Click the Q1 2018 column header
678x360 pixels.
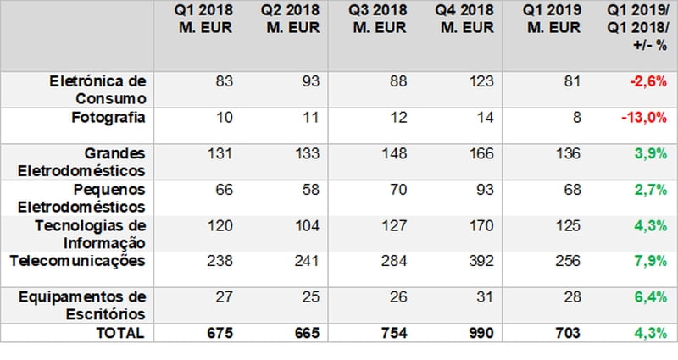pos(203,19)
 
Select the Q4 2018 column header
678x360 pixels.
pos(464,19)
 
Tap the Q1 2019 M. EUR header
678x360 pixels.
pos(553,19)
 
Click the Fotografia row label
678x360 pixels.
pos(108,118)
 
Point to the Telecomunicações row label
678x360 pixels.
pos(77,261)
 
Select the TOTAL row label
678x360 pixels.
pos(119,333)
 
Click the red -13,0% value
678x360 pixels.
pos(644,118)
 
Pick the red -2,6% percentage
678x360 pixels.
pos(648,81)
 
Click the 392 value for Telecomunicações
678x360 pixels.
pos(481,261)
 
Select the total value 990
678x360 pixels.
pos(481,333)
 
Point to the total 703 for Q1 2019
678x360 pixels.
pos(568,333)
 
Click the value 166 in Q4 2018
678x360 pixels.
pos(481,153)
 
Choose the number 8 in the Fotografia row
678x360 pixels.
pos(577,118)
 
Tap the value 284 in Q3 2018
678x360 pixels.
pos(394,261)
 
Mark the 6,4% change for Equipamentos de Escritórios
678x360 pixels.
pos(651,297)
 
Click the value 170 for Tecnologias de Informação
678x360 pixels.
pos(481,225)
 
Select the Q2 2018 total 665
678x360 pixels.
pos(307,333)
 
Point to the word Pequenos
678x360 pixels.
pos(109,190)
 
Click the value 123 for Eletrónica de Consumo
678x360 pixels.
pos(481,81)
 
